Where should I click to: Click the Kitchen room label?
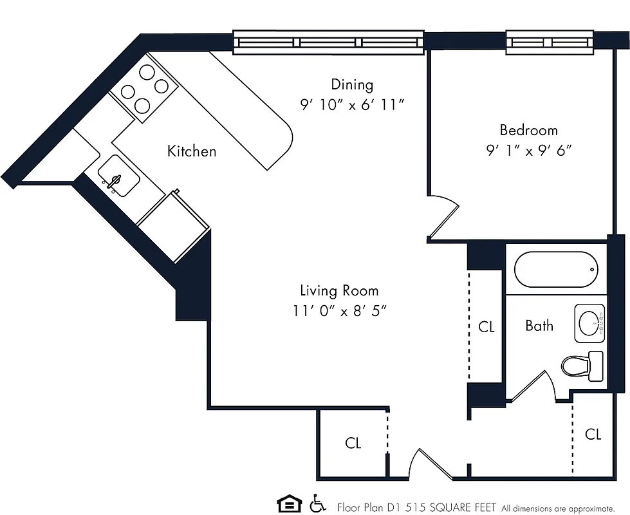[192, 151]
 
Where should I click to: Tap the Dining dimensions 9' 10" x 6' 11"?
[352, 105]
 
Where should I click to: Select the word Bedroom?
[528, 130]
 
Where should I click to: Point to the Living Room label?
[339, 290]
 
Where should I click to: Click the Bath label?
[539, 326]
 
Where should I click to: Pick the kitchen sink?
[118, 175]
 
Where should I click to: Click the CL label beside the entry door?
[353, 443]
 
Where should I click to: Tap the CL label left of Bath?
[486, 327]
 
